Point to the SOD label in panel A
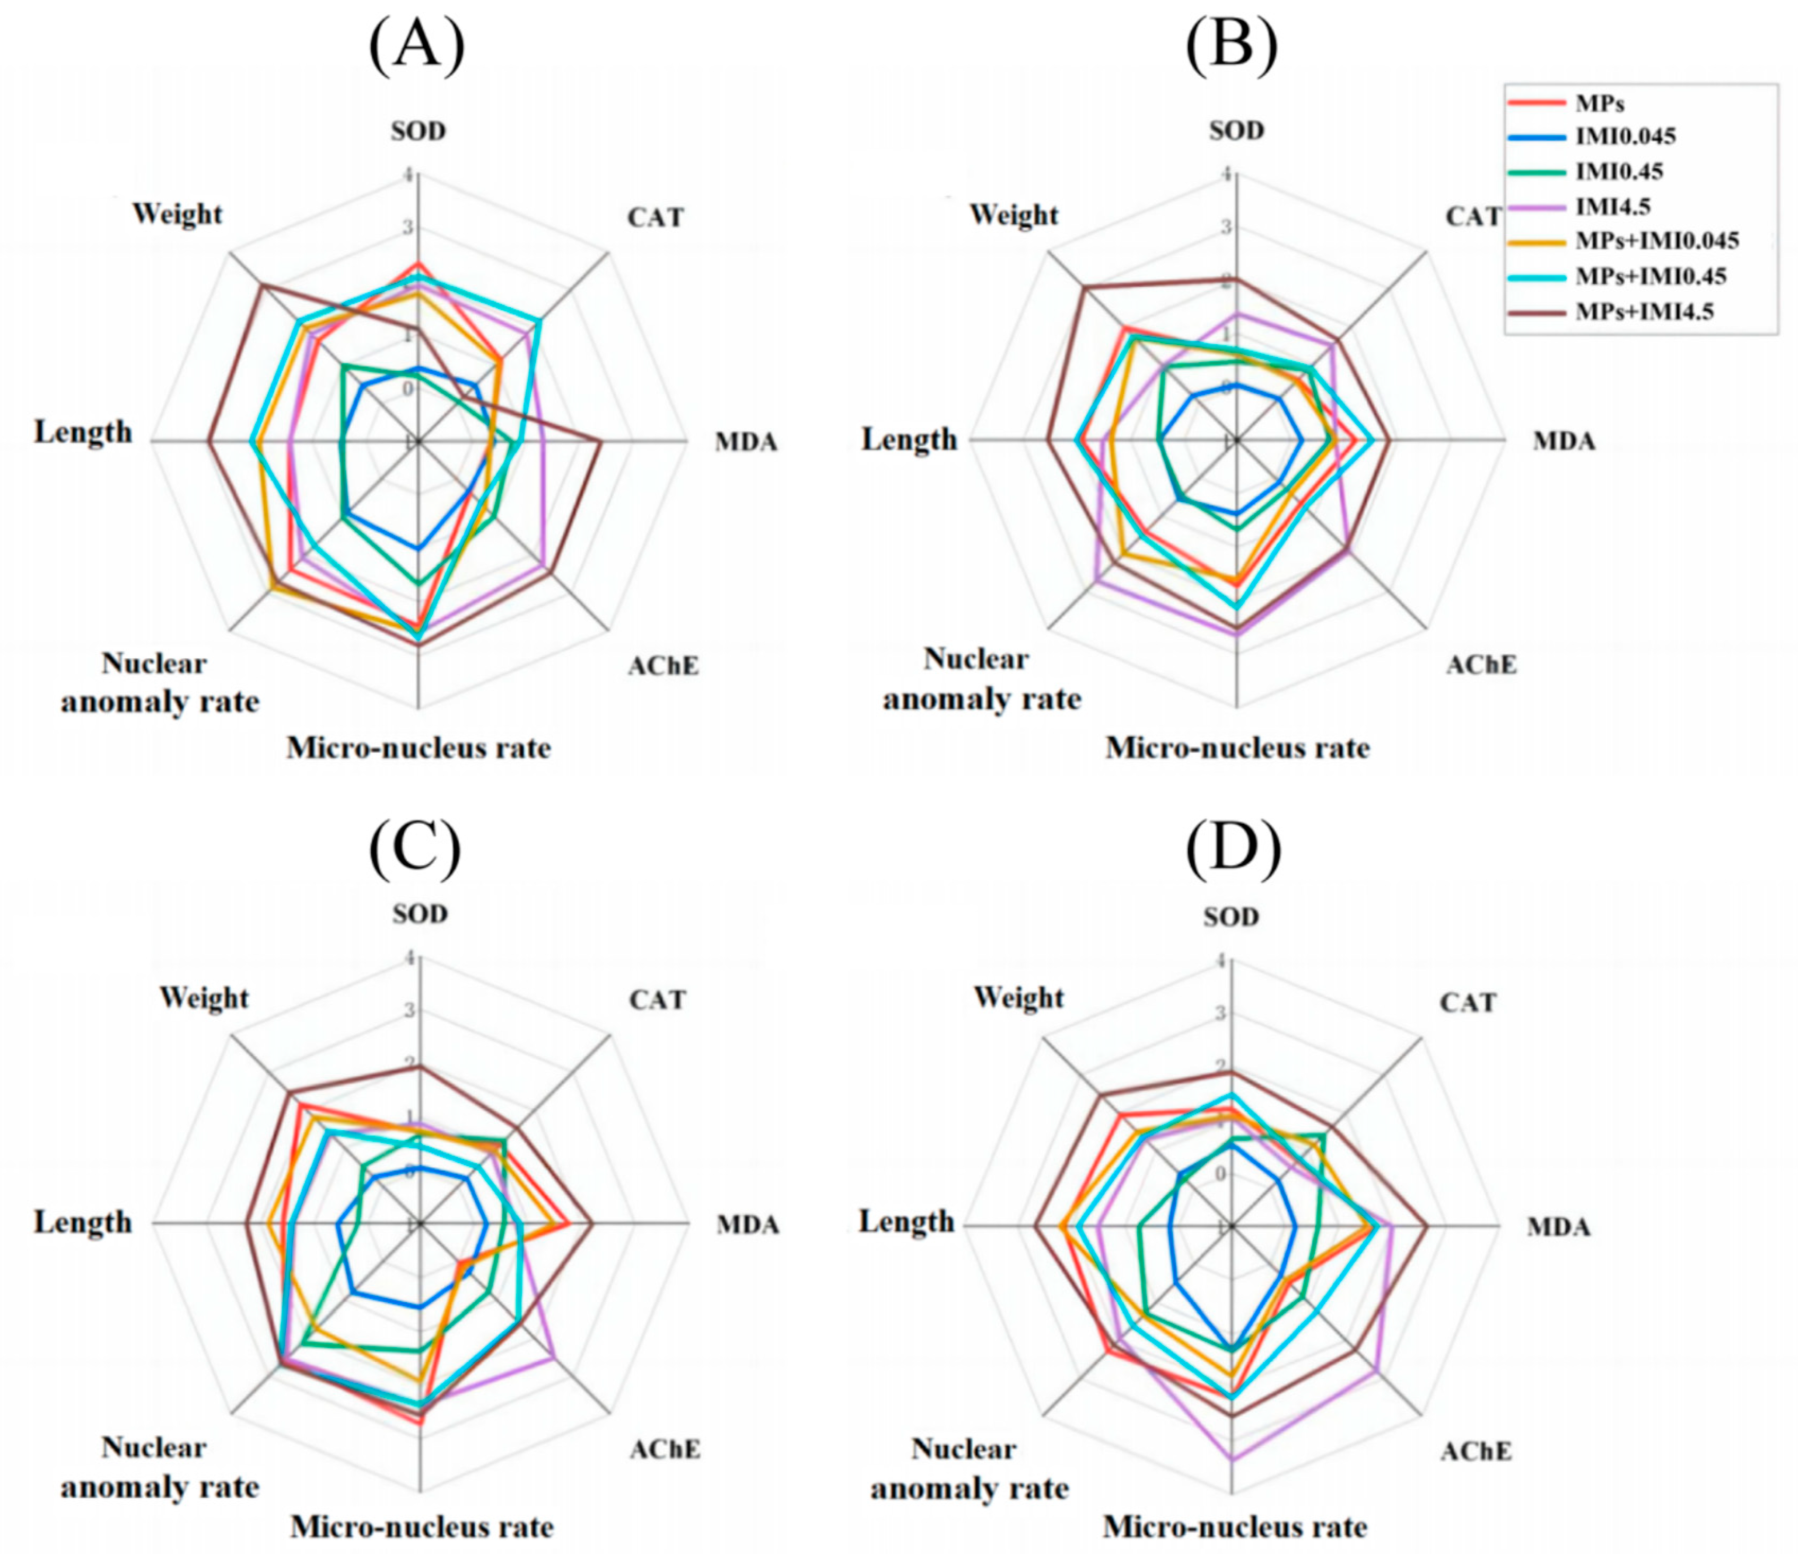pos(418,131)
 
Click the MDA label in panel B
pos(1564,442)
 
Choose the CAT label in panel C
pos(658,1000)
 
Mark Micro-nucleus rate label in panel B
pos(1237,747)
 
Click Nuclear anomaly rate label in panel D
pos(970,1468)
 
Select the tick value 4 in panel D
pos(1221,961)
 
